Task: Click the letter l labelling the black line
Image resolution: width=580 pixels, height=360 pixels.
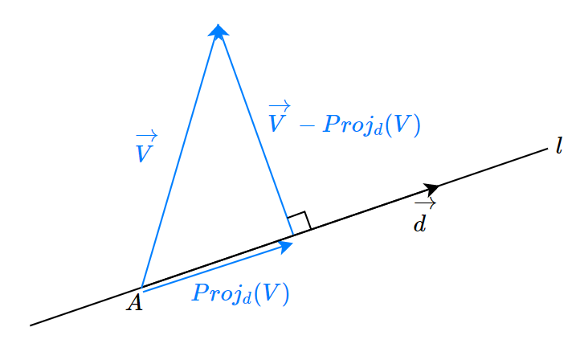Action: [558, 147]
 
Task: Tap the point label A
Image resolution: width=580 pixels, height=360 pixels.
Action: [134, 303]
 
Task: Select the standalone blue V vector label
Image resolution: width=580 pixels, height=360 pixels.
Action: [145, 153]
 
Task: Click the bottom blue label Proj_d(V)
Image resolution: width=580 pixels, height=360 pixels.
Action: [240, 294]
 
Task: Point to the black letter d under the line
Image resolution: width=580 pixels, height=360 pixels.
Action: [419, 223]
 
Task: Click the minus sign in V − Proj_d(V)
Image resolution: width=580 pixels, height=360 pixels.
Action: [306, 125]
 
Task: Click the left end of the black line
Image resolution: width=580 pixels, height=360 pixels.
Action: [31, 325]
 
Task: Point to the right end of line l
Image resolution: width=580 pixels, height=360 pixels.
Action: [546, 149]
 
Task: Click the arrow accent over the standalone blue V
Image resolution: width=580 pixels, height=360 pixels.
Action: [146, 136]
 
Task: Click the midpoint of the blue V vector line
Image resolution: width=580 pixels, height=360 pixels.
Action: [179, 159]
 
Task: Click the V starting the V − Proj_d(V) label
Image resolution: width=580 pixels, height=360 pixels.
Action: [278, 125]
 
